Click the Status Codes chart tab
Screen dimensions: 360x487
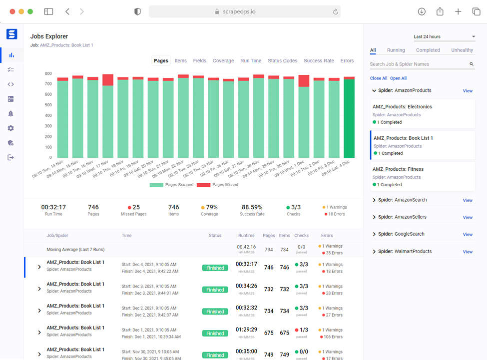(x=282, y=61)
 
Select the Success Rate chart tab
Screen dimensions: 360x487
(x=319, y=61)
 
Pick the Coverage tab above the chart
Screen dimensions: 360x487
(x=223, y=61)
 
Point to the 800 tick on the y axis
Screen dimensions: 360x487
(x=48, y=73)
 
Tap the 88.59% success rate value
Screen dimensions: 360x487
(x=252, y=207)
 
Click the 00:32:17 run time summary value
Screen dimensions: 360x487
(x=53, y=207)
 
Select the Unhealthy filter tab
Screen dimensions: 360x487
(x=462, y=50)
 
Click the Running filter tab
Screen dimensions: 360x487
(x=396, y=50)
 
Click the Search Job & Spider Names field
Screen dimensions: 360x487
(x=419, y=64)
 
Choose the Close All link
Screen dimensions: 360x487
(x=379, y=78)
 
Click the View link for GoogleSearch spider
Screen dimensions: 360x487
(x=468, y=235)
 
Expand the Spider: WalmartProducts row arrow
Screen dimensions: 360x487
(x=374, y=252)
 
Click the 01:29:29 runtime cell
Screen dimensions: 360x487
(x=247, y=330)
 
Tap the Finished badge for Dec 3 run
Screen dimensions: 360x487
(x=215, y=290)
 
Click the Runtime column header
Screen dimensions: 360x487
(x=246, y=236)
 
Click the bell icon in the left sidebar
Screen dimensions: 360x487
(x=11, y=113)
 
